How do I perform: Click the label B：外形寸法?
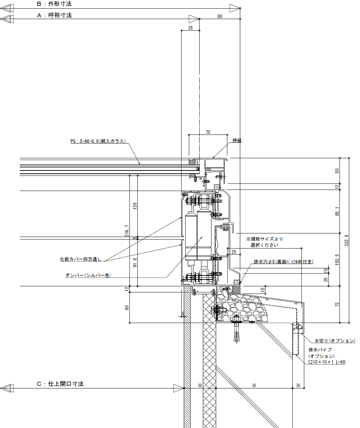coord(54,4)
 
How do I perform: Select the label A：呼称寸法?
coord(54,15)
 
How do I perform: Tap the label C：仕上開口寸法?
coord(60,384)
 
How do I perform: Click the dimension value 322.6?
coord(346,241)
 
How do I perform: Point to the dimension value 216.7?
coord(127,231)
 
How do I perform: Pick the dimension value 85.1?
coord(337,211)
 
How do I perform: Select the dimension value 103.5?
coord(337,260)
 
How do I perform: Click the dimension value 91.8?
coord(135,263)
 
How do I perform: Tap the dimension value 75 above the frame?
coord(208,132)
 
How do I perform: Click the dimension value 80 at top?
coord(220,17)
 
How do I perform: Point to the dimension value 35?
coord(191,28)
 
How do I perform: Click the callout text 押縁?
coord(237,141)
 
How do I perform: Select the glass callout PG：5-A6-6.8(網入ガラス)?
coord(98,141)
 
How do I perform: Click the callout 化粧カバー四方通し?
coord(81,259)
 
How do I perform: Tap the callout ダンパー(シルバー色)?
coord(88,275)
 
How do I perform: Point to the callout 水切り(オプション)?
coord(335,341)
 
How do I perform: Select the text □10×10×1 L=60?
coord(327,362)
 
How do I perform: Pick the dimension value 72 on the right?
coord(337,304)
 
